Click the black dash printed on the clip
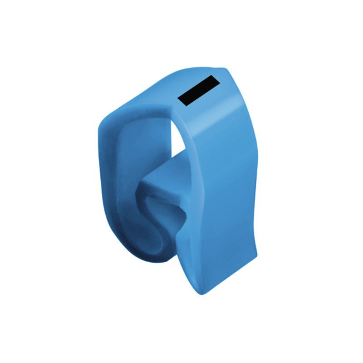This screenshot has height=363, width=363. pyautogui.click(x=198, y=91)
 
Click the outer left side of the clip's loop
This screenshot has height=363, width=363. pyautogui.click(x=102, y=181)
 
